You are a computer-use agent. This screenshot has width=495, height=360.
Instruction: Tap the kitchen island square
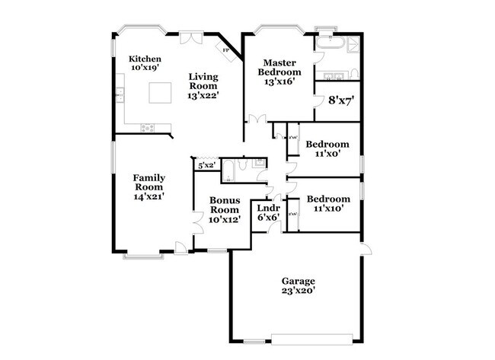(159, 93)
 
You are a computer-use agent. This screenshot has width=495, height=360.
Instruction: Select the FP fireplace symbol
(226, 50)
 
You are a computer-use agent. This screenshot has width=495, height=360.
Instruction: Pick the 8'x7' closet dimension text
(342, 100)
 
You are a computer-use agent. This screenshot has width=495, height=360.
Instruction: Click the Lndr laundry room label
(268, 207)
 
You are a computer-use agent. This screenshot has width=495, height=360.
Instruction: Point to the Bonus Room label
(225, 204)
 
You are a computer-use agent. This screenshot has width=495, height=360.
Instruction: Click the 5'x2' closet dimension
(206, 164)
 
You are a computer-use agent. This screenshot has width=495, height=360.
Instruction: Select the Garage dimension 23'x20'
(299, 290)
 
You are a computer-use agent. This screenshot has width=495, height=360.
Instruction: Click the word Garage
(299, 280)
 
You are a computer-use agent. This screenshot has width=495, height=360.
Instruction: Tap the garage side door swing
(366, 250)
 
